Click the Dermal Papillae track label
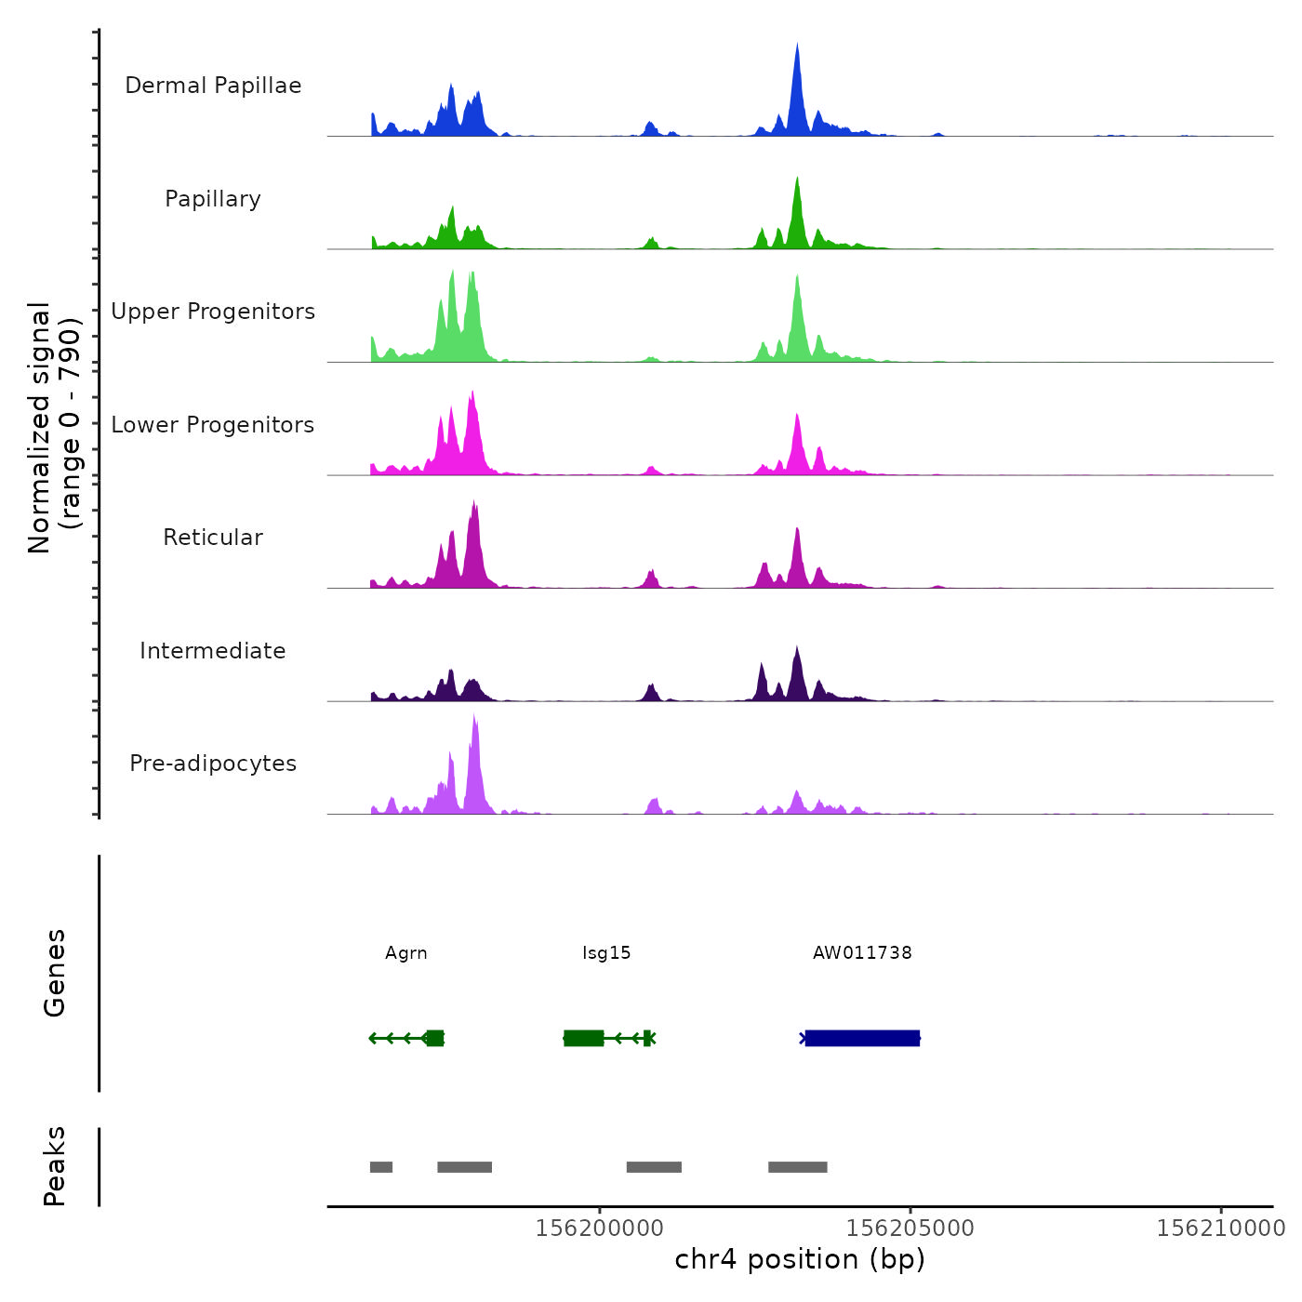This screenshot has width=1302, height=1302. pyautogui.click(x=213, y=86)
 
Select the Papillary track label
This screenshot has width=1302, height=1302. pyautogui.click(x=213, y=199)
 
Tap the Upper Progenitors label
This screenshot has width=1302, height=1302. pyautogui.click(x=213, y=312)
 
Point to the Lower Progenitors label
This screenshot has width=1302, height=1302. pyautogui.click(x=213, y=425)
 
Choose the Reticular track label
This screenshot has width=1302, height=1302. pyautogui.click(x=213, y=538)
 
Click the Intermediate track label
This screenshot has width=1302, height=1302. pyautogui.click(x=213, y=651)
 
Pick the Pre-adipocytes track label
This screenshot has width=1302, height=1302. pyautogui.click(x=213, y=764)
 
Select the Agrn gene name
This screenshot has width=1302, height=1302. pyautogui.click(x=406, y=953)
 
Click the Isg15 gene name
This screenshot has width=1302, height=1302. pyautogui.click(x=606, y=953)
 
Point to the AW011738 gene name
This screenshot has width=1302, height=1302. pyautogui.click(x=862, y=953)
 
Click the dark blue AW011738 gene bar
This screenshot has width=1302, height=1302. pyautogui.click(x=862, y=1038)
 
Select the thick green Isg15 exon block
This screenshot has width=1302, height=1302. pyautogui.click(x=584, y=1038)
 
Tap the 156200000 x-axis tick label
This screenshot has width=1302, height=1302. pyautogui.click(x=600, y=1229)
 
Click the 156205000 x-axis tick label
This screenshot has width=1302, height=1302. pyautogui.click(x=910, y=1229)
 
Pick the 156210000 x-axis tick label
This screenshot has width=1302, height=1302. pyautogui.click(x=1221, y=1229)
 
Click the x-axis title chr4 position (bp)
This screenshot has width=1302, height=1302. pyautogui.click(x=800, y=1260)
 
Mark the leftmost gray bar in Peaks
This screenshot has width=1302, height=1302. pyautogui.click(x=381, y=1167)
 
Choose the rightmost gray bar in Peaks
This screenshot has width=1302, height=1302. pyautogui.click(x=798, y=1167)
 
